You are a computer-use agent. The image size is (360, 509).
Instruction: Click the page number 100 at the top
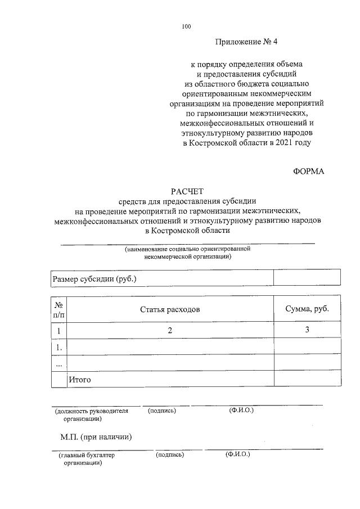(x=187, y=26)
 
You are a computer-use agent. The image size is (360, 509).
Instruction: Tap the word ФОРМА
(x=309, y=171)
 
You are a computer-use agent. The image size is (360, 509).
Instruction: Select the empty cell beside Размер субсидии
(x=307, y=278)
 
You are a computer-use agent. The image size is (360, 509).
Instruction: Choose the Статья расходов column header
(x=170, y=309)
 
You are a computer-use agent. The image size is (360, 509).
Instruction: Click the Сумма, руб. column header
(x=307, y=309)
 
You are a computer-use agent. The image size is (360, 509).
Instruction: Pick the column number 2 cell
(x=170, y=330)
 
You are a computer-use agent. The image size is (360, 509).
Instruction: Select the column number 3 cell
(x=307, y=330)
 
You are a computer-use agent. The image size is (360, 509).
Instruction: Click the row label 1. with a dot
(x=59, y=347)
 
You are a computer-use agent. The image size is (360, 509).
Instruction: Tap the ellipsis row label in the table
(x=59, y=364)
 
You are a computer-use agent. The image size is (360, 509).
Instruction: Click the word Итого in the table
(x=80, y=380)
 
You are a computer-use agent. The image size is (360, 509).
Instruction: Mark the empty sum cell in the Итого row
(x=307, y=380)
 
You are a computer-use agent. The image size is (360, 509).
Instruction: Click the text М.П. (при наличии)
(x=96, y=436)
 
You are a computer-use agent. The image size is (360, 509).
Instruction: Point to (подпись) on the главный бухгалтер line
(x=170, y=454)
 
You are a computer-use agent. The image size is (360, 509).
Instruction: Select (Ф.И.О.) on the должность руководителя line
(x=241, y=411)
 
